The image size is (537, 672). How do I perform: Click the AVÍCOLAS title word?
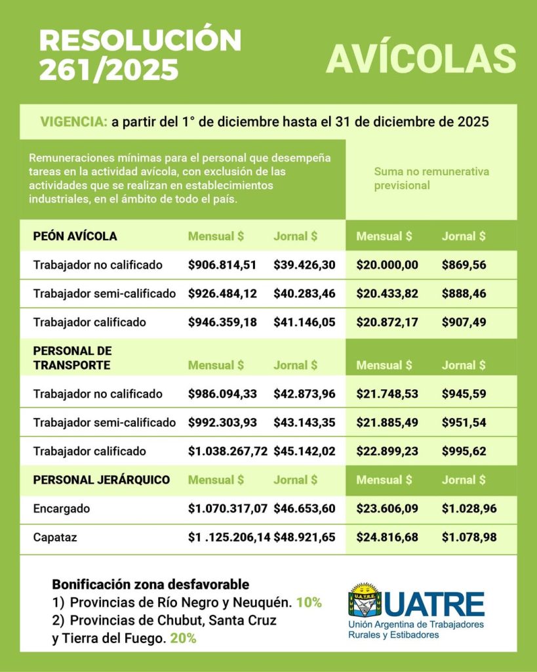421,59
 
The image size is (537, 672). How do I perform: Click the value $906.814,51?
222,265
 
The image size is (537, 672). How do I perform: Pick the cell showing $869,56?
464,265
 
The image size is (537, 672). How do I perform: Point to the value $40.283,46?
304,294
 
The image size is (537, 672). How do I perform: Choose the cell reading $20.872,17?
387,322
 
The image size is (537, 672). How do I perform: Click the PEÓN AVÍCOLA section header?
75,236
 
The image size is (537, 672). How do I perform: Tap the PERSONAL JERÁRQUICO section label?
102,480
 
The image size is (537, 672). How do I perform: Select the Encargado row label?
62,509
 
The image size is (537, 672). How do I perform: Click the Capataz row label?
55,537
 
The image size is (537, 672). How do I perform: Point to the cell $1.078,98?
469,537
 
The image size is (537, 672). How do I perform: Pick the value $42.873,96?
304,394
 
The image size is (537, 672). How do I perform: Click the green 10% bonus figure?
308,602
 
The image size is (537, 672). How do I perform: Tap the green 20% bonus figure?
183,638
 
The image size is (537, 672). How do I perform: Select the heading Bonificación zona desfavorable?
150,584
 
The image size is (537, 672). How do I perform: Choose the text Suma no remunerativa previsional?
431,178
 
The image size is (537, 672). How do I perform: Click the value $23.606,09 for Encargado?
387,509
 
